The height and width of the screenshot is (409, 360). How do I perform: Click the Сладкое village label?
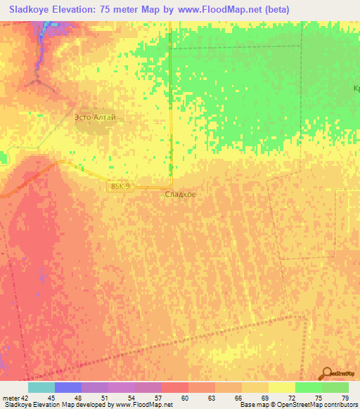click(180, 195)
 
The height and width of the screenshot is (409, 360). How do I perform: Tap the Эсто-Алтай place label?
click(95, 118)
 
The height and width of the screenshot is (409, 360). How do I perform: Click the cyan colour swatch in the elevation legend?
click(41, 387)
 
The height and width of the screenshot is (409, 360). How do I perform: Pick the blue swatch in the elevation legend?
click(68, 387)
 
